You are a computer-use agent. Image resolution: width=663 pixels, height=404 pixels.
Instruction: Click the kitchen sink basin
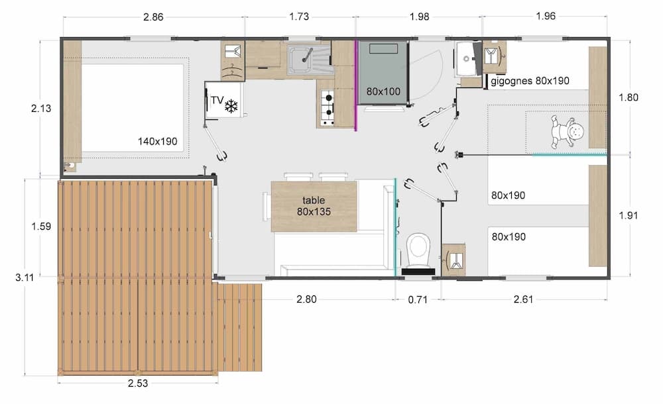pos(302,60)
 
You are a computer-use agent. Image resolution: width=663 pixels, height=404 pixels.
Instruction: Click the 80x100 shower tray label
pos(383,91)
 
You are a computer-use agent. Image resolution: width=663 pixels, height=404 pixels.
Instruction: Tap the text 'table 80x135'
pos(314,205)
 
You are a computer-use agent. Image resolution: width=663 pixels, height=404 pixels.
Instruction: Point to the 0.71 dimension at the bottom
pos(417,299)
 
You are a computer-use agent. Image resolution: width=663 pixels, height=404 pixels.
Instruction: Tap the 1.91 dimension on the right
pos(628,215)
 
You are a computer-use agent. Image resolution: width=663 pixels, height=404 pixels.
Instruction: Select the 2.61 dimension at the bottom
pos(524,299)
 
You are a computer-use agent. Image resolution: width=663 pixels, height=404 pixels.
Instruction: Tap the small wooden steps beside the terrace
pos(240,325)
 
